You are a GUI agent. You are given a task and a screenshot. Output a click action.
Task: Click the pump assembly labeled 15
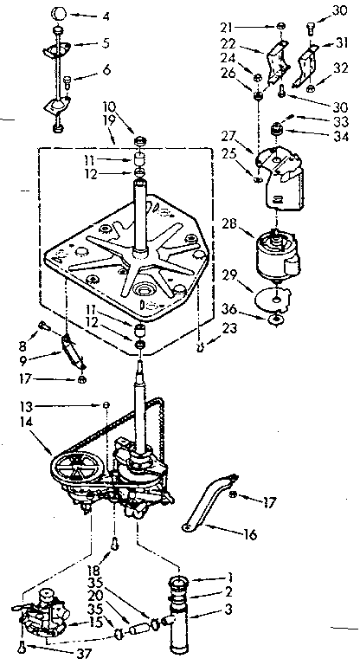click(x=41, y=612)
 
